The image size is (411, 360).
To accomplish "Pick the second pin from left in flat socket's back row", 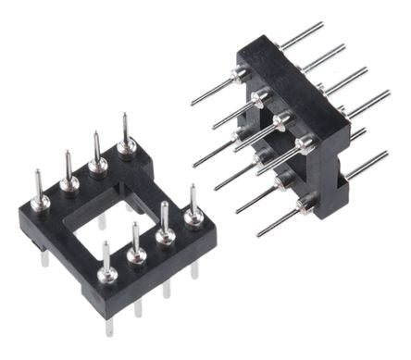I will pos(68,172).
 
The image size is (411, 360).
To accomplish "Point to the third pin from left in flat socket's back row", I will pos(96,154).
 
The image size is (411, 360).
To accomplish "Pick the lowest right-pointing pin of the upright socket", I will pos(366,167).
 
